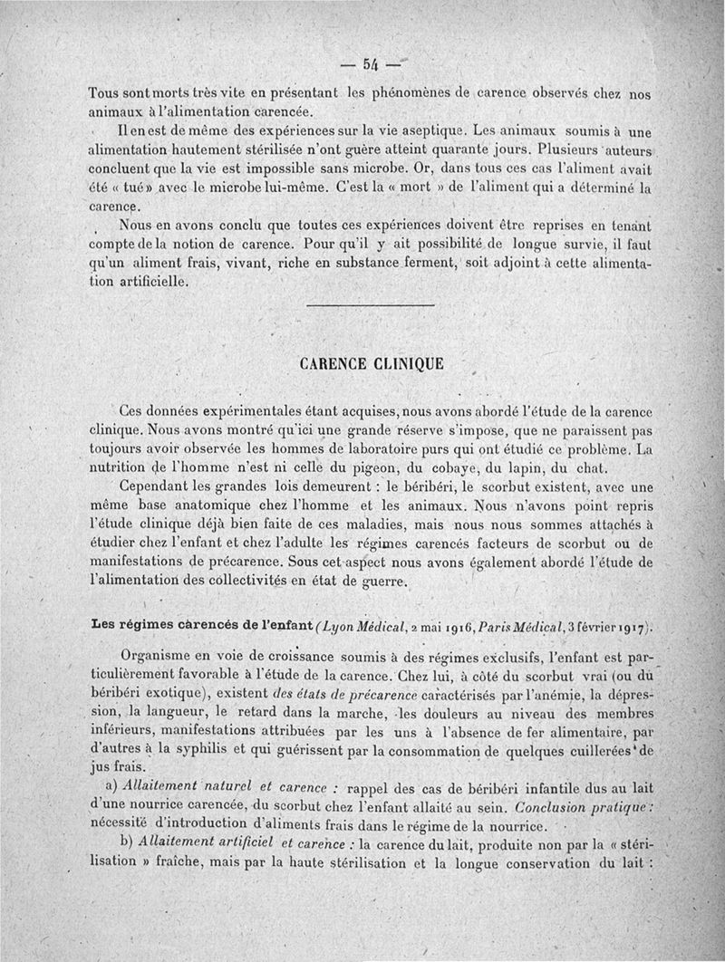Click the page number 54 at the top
(x=371, y=64)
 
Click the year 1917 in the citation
(x=631, y=626)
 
